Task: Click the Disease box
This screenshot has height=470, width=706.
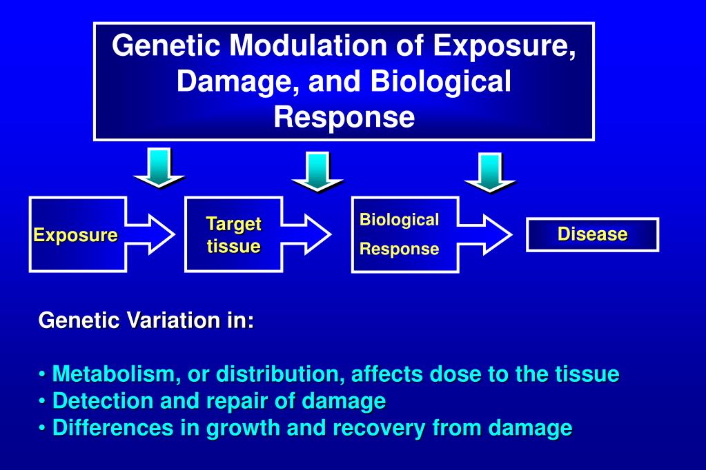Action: [592, 234]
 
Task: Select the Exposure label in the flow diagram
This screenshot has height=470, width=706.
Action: [76, 235]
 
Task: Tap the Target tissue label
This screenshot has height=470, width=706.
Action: [233, 235]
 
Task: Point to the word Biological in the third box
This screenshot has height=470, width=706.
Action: [399, 220]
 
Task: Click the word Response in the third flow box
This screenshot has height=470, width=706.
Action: [399, 249]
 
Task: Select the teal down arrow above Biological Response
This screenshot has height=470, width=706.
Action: [490, 172]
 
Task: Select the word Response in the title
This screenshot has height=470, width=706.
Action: [344, 116]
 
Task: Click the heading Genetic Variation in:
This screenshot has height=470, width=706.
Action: [146, 320]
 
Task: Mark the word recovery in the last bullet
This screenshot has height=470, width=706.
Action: [380, 428]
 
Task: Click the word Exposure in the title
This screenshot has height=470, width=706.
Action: [504, 46]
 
